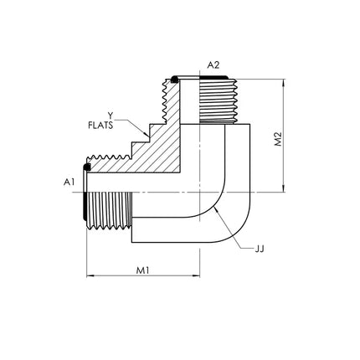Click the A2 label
tap(213, 65)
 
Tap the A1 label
tap(69, 183)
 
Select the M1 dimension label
tap(143, 270)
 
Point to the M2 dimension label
tap(278, 139)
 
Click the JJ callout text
tap(260, 249)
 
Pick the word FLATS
tap(100, 126)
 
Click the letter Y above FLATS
tap(111, 115)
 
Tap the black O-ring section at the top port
tap(175, 80)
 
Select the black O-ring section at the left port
tap(87, 167)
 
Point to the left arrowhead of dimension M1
tap(90, 276)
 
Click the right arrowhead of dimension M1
tap(197, 276)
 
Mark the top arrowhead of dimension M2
tap(284, 83)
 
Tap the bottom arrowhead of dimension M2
tap(284, 188)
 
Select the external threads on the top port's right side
tap(219, 101)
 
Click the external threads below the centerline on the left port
tap(109, 211)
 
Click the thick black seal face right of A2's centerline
tap(213, 77)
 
